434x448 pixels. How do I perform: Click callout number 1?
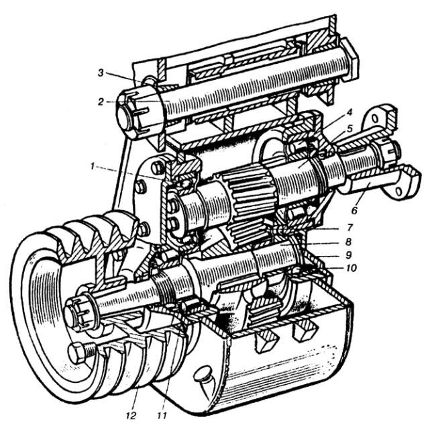pos(92,167)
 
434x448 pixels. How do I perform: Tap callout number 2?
pos(101,101)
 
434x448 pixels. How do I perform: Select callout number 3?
pos(101,73)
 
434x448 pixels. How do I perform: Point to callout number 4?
pos(349,112)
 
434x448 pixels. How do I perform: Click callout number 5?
pos(350,128)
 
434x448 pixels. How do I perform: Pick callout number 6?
pos(354,210)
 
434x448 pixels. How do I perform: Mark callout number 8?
pos(348,242)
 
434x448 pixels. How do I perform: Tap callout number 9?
pos(349,255)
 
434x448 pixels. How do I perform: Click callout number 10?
pos(351,268)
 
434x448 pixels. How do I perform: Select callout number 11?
pos(162,415)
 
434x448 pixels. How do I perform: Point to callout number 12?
pos(131,416)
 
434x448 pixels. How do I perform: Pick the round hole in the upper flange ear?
pos(376,118)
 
